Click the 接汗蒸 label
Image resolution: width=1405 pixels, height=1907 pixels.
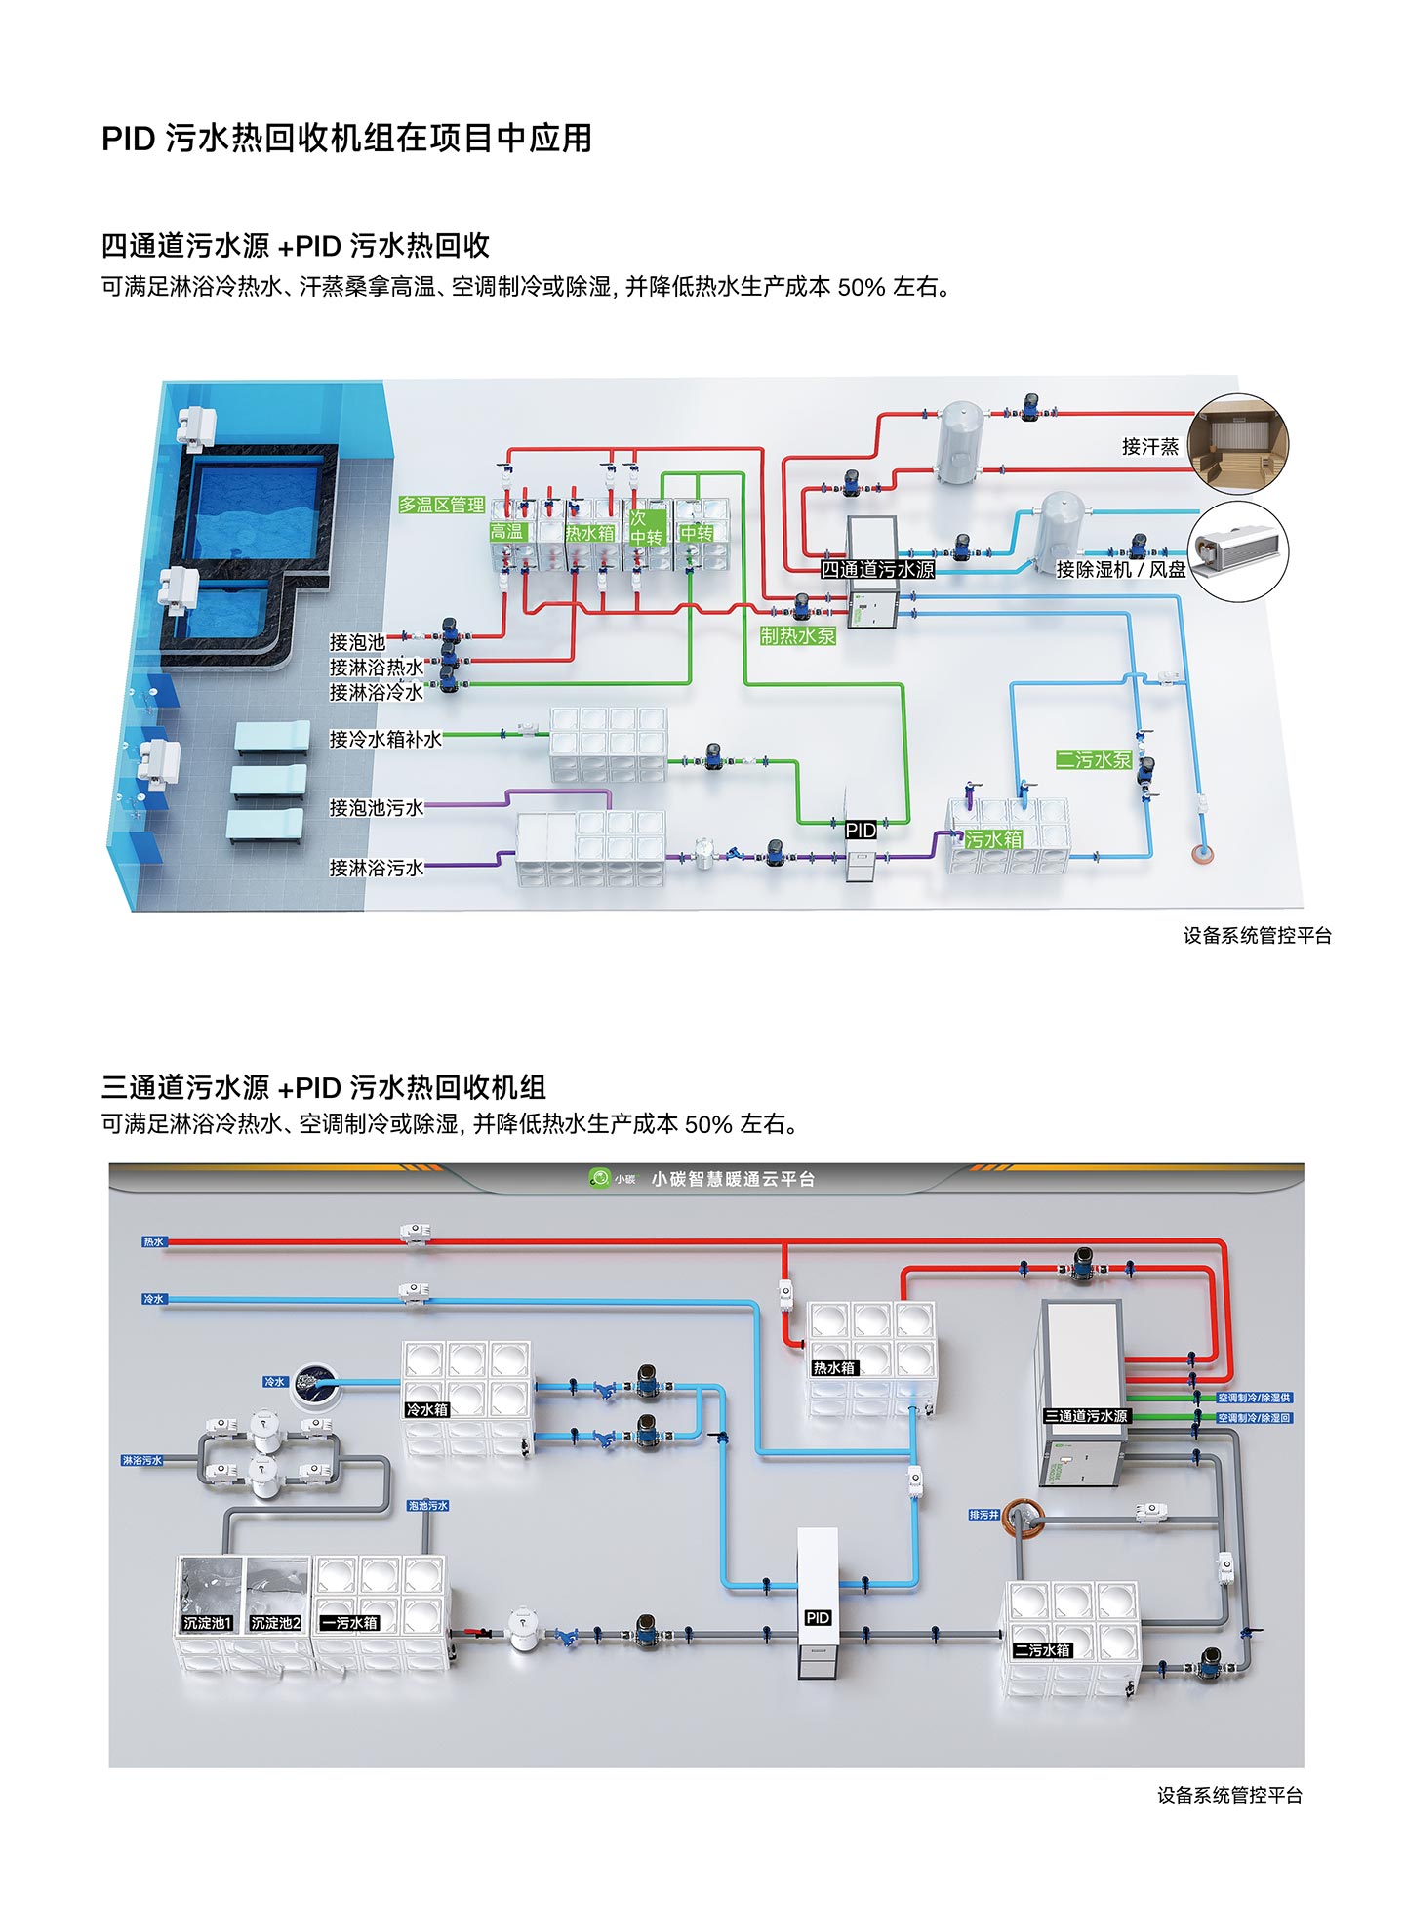coord(1149,447)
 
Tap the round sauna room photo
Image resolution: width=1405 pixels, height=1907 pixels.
coord(1238,444)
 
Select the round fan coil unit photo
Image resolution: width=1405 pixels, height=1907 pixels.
coord(1238,551)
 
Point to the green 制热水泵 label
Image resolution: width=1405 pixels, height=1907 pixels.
coord(797,636)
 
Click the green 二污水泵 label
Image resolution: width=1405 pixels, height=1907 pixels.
coord(1093,759)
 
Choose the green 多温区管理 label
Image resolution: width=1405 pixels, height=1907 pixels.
coord(441,505)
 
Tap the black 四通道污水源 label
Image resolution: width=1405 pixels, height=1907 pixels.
coord(877,570)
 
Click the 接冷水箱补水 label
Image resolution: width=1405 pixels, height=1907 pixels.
coord(385,740)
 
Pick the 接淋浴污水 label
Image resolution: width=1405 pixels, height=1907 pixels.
coord(376,868)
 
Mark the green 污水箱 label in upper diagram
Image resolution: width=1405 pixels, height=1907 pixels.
coord(993,839)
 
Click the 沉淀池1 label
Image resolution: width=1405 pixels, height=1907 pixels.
coord(207,1623)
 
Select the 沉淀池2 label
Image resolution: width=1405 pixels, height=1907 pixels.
coord(275,1623)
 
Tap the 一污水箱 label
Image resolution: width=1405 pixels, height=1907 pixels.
coord(349,1623)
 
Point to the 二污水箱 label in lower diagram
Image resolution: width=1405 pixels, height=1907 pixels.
coord(1042,1650)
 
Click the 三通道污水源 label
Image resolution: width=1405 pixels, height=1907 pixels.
coord(1085,1416)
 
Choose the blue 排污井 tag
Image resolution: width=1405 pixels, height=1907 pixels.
coord(983,1515)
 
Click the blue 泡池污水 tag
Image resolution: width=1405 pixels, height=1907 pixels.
coord(427,1506)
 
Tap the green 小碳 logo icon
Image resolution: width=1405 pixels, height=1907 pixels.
coord(598,1178)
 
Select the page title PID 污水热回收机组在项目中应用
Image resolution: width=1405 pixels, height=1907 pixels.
coord(346,139)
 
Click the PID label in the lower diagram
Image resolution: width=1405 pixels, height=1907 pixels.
coord(818,1618)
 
